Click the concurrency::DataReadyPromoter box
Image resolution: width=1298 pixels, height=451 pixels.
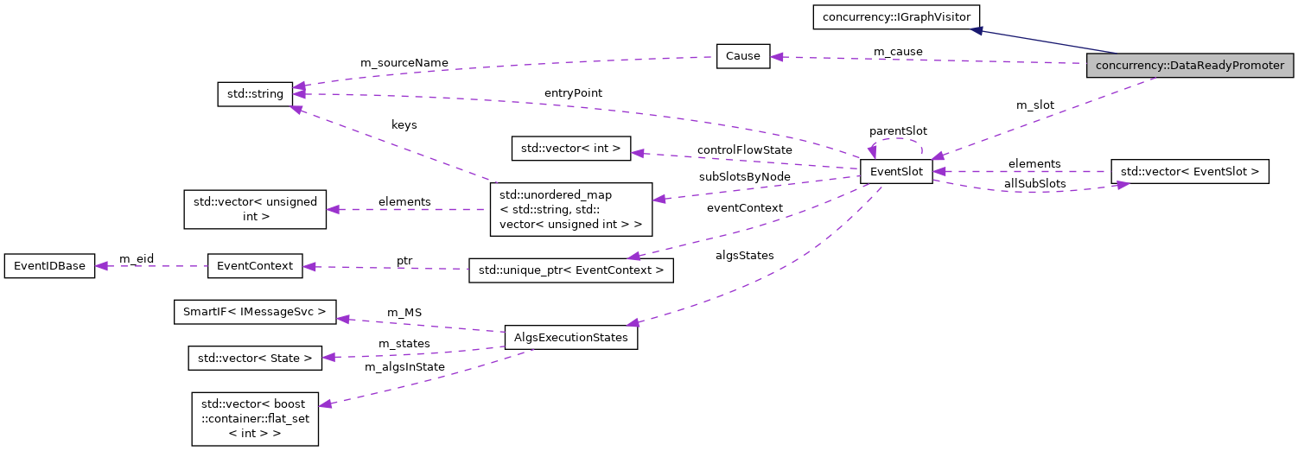pos(1190,66)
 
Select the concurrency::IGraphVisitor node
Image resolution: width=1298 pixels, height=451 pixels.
pos(895,16)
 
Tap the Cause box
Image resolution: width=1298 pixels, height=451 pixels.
pos(742,56)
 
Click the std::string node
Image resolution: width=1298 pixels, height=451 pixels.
pos(255,93)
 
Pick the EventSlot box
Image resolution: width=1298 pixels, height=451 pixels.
pos(895,172)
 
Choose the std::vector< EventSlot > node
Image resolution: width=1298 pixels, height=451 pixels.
pos(1189,172)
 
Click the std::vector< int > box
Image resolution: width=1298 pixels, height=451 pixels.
pos(571,149)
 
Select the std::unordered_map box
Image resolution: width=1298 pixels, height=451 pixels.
pos(570,209)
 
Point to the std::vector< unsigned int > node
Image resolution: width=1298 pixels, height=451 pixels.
pos(255,209)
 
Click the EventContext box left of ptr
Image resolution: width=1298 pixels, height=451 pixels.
pos(255,266)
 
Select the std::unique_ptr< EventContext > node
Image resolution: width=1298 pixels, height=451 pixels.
pos(570,270)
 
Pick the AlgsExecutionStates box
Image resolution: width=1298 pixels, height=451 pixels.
pos(570,337)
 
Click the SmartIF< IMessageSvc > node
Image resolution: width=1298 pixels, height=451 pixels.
pos(255,311)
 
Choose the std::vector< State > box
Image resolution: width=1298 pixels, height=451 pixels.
pos(255,358)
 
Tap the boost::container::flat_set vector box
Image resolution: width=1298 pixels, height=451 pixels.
pos(255,419)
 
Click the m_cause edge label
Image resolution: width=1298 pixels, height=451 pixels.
pos(898,52)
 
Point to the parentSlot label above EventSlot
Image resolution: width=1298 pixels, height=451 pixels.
pos(898,131)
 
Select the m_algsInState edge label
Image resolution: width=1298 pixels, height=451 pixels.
pos(404,367)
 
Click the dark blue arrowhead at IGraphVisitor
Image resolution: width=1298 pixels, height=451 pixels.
pos(976,30)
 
